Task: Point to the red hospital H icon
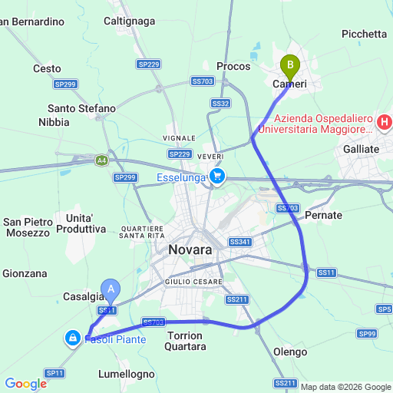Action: [x=385, y=122]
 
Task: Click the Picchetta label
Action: [x=365, y=33]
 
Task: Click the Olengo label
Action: [x=290, y=352]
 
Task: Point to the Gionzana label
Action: [x=25, y=273]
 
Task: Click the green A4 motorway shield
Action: [x=102, y=160]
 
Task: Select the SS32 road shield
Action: [x=220, y=103]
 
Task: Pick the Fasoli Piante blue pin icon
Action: [x=73, y=337]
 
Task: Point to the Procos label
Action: [x=234, y=67]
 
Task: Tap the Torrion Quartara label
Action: [x=185, y=341]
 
